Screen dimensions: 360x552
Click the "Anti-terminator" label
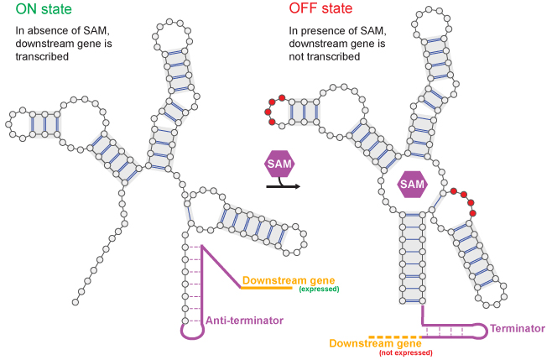pyautogui.click(x=243, y=320)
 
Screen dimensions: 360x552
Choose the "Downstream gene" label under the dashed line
pyautogui.click(x=373, y=344)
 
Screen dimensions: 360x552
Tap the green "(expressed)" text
pyautogui.click(x=319, y=290)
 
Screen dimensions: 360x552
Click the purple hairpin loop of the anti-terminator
pyautogui.click(x=188, y=329)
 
